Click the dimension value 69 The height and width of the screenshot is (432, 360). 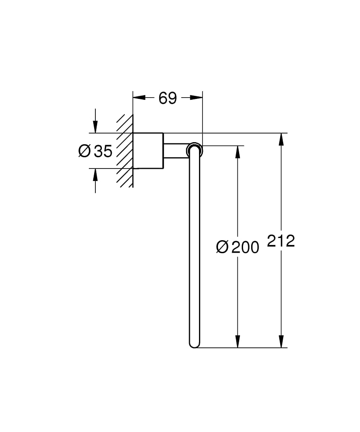(167, 98)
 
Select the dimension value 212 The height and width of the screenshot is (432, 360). (281, 241)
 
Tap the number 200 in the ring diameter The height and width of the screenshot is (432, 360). (245, 247)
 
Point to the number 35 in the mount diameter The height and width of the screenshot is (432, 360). (103, 151)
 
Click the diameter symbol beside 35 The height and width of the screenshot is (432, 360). (84, 151)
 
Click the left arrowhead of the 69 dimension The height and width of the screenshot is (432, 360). (138, 98)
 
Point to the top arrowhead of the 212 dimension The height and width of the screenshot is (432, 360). (281, 138)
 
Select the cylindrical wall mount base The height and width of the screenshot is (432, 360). (148, 150)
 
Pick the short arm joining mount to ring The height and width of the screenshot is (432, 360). (175, 150)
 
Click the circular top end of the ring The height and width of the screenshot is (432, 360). (194, 150)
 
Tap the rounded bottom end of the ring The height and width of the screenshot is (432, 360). (194, 344)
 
